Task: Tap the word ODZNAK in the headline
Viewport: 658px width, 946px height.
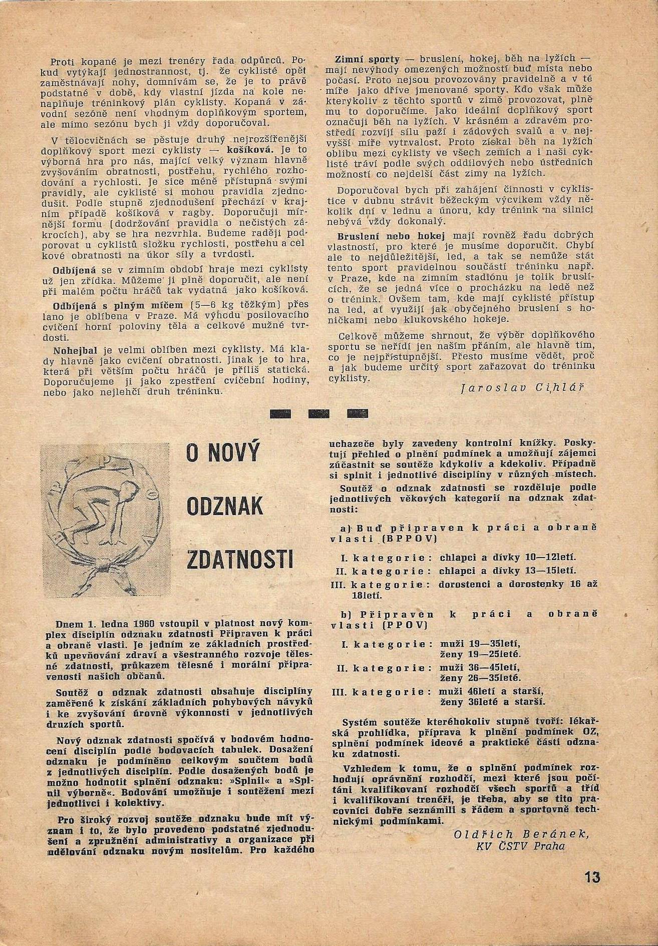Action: click(224, 507)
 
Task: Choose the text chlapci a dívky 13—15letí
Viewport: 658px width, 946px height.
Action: click(508, 571)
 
